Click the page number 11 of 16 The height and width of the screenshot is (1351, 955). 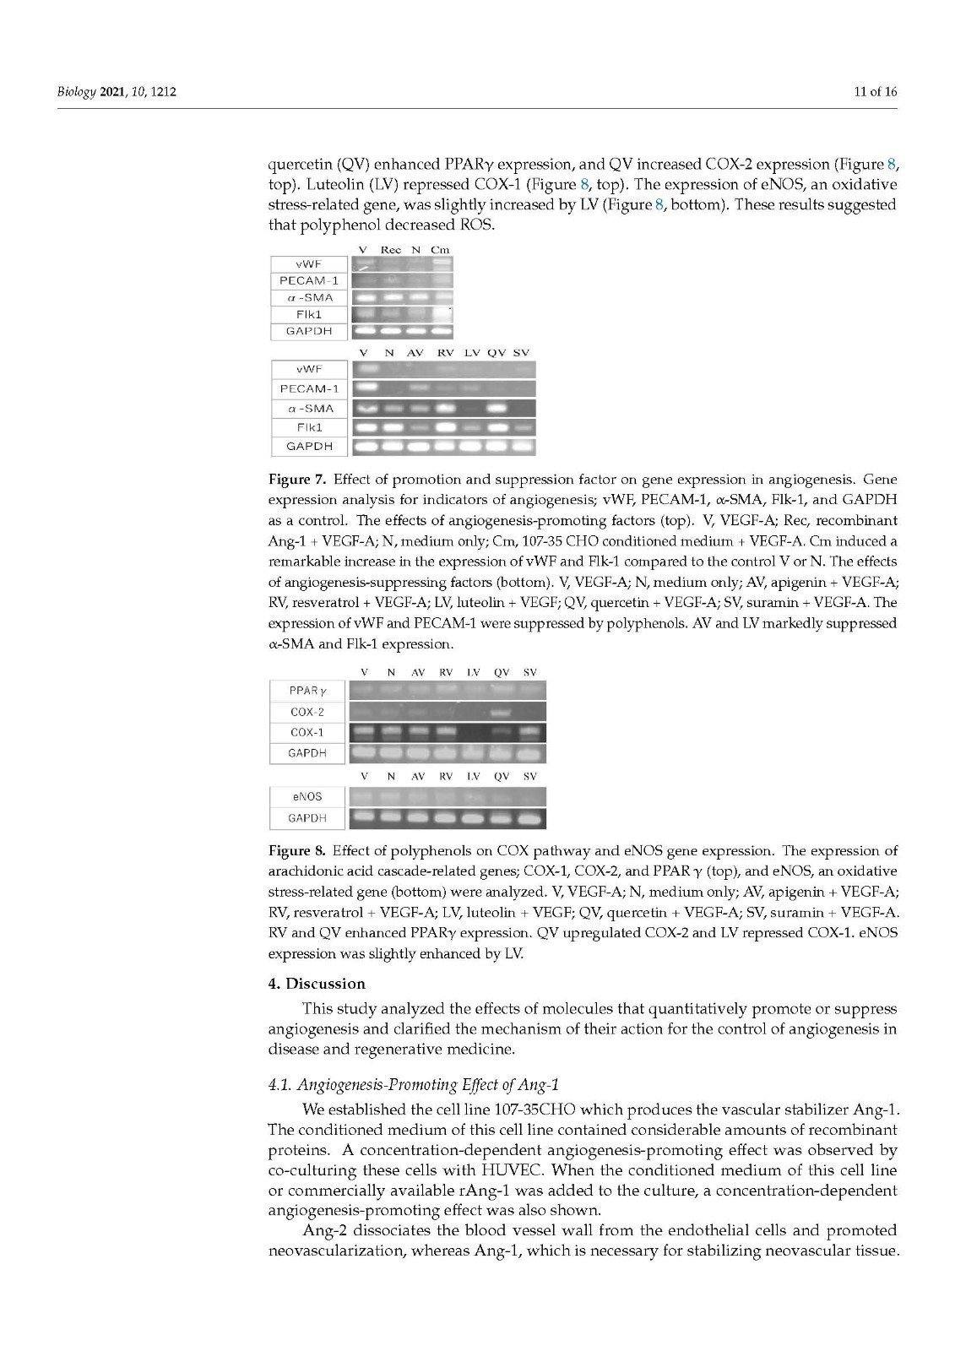coord(876,91)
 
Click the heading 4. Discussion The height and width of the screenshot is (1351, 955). coord(317,984)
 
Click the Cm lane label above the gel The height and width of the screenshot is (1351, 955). coord(441,250)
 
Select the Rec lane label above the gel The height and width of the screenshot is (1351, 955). coord(391,250)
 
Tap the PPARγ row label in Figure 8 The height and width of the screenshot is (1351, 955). coord(307,692)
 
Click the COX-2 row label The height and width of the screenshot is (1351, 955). coord(307,712)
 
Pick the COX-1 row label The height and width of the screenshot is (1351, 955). coord(307,732)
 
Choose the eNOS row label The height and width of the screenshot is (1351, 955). coord(307,796)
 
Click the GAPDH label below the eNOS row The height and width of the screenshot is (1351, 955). coord(307,817)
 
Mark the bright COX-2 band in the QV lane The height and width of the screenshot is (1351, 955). coord(502,713)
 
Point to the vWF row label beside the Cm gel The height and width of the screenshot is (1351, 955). coord(308,264)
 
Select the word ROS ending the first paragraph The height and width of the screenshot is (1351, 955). coord(478,225)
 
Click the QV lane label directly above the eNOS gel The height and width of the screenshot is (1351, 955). coord(502,777)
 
